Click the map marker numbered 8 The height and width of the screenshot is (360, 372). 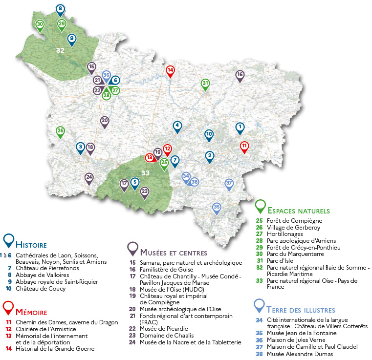click(x=60, y=9)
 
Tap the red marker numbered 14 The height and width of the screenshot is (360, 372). click(x=170, y=70)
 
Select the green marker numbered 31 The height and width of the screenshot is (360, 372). click(x=205, y=84)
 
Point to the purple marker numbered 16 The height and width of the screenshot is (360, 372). click(x=240, y=75)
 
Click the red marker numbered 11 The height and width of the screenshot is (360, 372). click(x=244, y=146)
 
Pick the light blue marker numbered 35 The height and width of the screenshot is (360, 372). click(x=217, y=207)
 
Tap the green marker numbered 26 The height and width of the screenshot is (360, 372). click(x=61, y=131)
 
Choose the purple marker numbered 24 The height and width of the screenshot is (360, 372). click(x=89, y=177)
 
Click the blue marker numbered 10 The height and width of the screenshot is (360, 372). click(x=209, y=134)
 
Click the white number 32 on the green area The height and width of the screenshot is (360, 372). click(x=60, y=50)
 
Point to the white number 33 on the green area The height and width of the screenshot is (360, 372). click(x=145, y=172)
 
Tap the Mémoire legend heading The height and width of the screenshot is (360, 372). click(x=32, y=312)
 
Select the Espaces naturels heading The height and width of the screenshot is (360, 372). click(x=299, y=211)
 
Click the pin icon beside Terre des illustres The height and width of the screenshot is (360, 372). click(x=260, y=305)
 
